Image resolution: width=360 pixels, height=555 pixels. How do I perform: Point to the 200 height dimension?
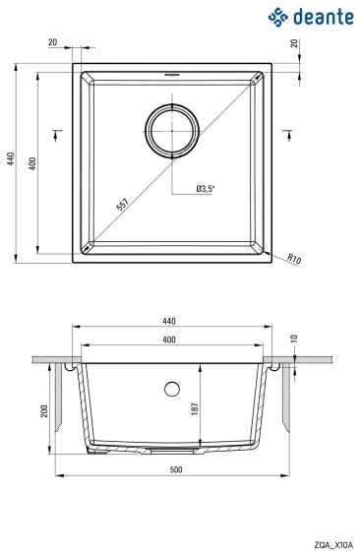click(x=44, y=411)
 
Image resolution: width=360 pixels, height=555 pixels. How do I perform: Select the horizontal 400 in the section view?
click(x=169, y=339)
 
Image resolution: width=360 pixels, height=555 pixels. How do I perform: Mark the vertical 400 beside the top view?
click(x=32, y=162)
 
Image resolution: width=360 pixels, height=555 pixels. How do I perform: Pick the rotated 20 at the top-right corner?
click(x=294, y=45)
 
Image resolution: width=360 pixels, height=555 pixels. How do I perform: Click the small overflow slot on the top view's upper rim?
click(x=172, y=74)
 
